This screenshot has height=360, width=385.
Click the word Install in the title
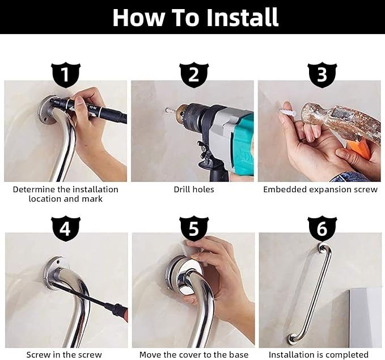242,17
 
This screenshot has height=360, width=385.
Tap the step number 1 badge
66,75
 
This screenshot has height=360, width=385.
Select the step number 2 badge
194,75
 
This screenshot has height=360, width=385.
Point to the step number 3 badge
322,75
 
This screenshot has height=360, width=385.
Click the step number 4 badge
66,229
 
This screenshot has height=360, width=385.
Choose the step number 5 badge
194,229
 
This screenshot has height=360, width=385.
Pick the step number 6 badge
322,229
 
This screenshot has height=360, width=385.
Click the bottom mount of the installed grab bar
291,339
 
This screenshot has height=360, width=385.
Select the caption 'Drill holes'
194,189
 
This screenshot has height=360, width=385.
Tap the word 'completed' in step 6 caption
347,355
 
